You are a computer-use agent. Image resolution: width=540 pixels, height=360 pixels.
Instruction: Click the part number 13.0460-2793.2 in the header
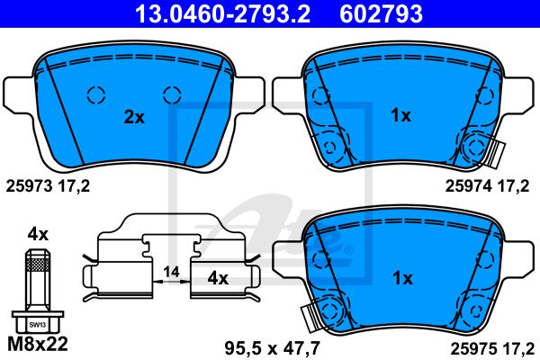(222, 13)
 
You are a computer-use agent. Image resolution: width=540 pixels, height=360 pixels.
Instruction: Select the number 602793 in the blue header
(381, 13)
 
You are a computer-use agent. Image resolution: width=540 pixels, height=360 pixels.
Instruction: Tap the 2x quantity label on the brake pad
(134, 118)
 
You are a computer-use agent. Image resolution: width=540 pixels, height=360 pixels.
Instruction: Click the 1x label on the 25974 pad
(400, 115)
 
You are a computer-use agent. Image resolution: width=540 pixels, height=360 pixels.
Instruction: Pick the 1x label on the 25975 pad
(402, 278)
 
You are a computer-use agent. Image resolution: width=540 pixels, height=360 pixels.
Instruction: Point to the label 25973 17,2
(48, 186)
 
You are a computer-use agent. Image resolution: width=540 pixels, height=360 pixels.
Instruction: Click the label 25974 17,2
(487, 186)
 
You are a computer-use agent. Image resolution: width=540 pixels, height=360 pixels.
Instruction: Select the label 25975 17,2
(492, 349)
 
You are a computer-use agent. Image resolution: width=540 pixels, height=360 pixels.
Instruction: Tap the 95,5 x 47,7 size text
(272, 348)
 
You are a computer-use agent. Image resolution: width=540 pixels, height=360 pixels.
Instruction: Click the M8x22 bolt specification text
(38, 344)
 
